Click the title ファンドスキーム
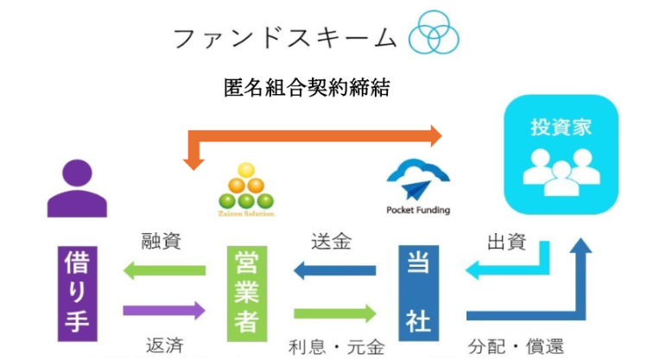(x=284, y=38)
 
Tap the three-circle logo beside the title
(x=434, y=34)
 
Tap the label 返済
(x=162, y=346)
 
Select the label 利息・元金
(x=337, y=347)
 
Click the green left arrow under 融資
(x=164, y=272)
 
